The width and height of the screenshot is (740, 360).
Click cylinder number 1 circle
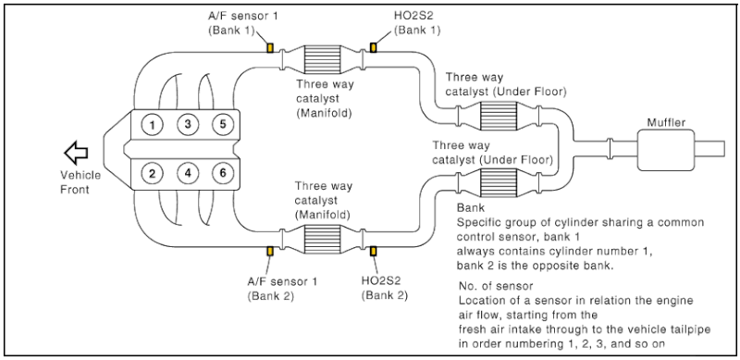(x=153, y=125)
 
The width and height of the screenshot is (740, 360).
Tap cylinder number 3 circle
(x=188, y=125)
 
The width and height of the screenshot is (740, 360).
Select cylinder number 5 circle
(x=223, y=125)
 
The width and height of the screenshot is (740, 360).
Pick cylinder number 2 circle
(x=153, y=173)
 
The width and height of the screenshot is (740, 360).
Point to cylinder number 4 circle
(x=188, y=173)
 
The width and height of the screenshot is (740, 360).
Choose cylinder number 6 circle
(x=223, y=173)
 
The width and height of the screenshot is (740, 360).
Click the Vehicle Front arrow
(x=76, y=153)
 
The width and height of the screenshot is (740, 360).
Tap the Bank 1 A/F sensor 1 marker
(x=270, y=48)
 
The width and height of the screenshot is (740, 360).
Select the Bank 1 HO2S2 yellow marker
(x=373, y=48)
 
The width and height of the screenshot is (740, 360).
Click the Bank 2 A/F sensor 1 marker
(x=270, y=251)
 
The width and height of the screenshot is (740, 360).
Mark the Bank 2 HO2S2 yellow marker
(x=373, y=251)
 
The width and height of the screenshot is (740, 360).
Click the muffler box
(x=665, y=149)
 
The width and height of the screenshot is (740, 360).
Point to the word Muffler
(x=666, y=123)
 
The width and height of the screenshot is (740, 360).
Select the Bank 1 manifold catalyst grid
(x=322, y=59)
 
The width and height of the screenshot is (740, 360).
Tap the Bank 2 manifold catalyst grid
(x=322, y=239)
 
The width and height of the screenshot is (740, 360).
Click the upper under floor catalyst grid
(x=499, y=116)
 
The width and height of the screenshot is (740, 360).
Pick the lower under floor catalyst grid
(x=499, y=182)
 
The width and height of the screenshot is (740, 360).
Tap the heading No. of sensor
(x=496, y=286)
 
